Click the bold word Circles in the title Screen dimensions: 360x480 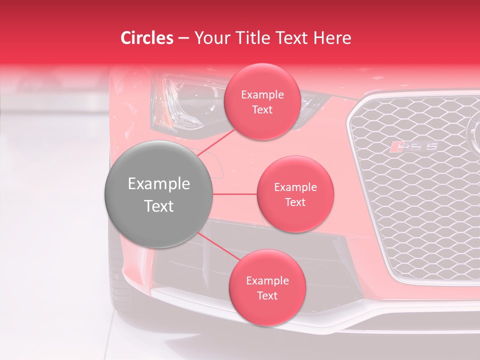(x=146, y=38)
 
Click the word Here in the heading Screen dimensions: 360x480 (x=332, y=38)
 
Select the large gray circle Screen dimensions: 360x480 (x=159, y=194)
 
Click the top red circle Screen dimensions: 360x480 (x=262, y=101)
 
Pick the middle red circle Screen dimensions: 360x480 (x=295, y=194)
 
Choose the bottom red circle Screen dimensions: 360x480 (x=267, y=287)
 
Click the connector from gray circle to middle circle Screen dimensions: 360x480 (x=235, y=194)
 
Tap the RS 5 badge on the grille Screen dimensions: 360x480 (x=414, y=146)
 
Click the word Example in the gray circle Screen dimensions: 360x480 (x=159, y=184)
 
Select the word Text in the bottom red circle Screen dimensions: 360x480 (x=267, y=295)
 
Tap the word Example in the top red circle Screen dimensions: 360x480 (x=262, y=95)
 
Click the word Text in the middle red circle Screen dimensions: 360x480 (x=295, y=202)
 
